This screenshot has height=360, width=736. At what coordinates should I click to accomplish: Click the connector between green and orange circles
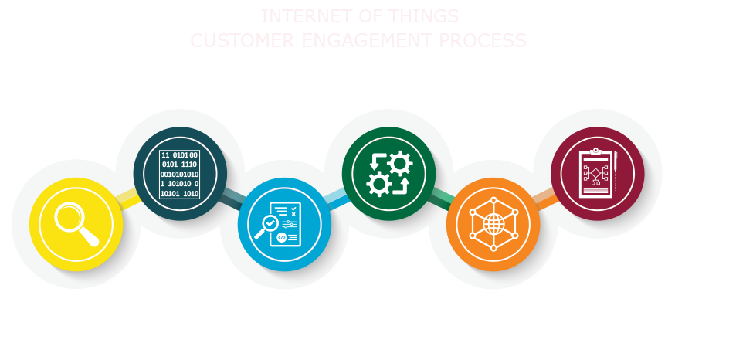439,193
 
